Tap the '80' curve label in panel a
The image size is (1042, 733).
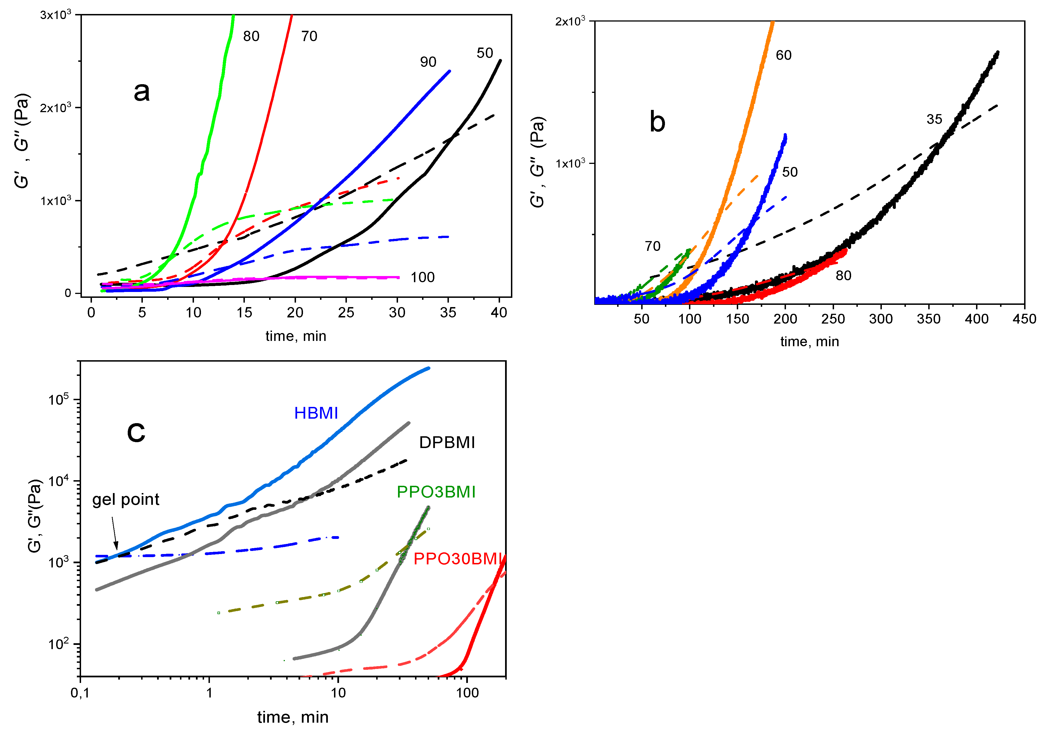[x=251, y=36]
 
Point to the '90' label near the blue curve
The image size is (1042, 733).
[x=428, y=62]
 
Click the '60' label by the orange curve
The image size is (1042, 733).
[x=783, y=55]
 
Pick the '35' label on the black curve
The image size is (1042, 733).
[x=934, y=119]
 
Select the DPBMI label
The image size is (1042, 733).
[x=447, y=442]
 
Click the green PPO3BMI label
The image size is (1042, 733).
[x=436, y=492]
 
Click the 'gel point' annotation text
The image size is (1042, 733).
[x=126, y=499]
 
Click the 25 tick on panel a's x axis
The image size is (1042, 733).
[x=346, y=312]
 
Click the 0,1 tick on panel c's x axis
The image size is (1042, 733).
[x=80, y=693]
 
